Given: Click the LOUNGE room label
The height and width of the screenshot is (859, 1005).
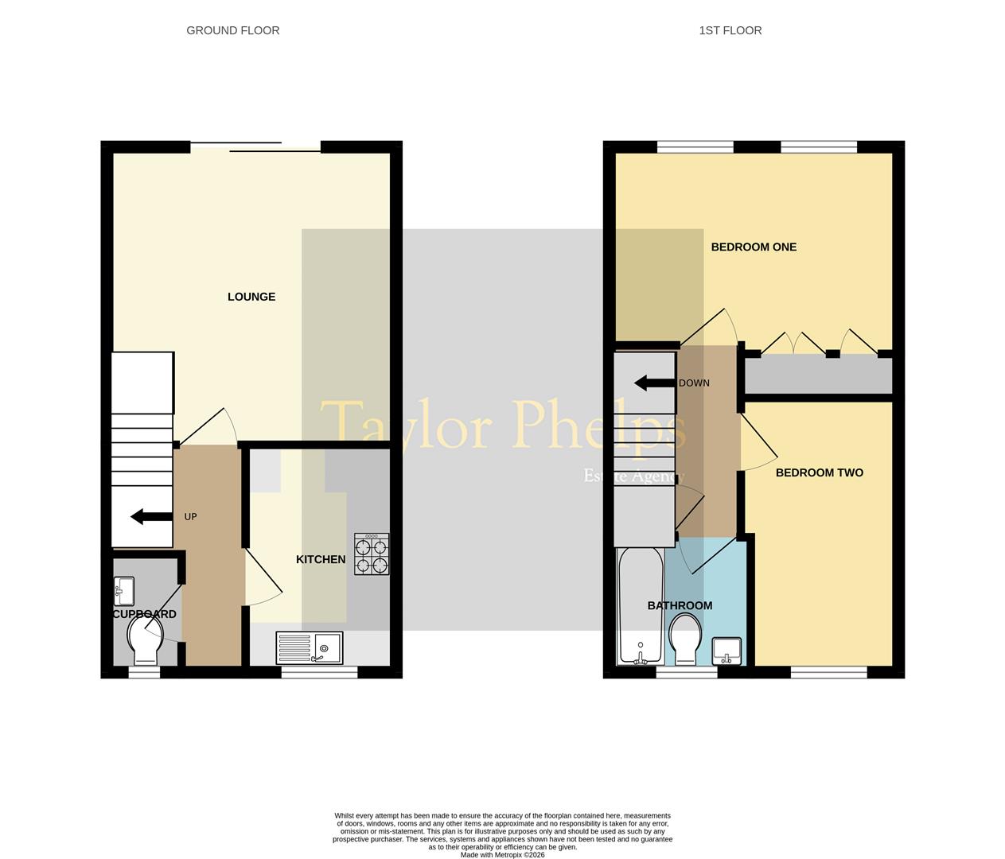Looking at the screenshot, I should [x=251, y=297].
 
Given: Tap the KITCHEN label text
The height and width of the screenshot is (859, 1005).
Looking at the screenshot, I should [x=321, y=559].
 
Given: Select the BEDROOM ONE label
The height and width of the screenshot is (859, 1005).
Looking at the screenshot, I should [x=754, y=247].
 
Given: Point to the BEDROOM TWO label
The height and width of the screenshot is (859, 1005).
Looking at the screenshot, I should [x=819, y=472].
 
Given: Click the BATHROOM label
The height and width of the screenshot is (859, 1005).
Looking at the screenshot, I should [x=680, y=605].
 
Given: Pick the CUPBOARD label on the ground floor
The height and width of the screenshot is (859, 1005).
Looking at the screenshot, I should [x=144, y=614].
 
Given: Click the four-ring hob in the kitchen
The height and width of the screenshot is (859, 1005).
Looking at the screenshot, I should [x=372, y=554].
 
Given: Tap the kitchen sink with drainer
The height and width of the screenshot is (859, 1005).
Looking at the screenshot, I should [x=310, y=647].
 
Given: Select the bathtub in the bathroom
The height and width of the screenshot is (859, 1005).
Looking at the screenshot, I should [x=641, y=604].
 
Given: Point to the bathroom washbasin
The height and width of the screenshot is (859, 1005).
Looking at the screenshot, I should [x=726, y=651].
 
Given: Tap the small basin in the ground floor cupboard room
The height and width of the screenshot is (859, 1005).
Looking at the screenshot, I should [x=123, y=591].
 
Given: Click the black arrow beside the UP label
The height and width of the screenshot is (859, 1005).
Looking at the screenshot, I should [x=151, y=517].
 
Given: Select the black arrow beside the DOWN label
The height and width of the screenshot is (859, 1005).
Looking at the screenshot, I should [x=653, y=383].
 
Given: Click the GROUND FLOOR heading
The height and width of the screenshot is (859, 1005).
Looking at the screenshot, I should [x=232, y=30].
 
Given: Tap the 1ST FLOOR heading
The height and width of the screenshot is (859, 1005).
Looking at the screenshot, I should [x=730, y=30].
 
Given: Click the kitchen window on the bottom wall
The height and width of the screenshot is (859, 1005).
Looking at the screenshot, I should [x=319, y=672].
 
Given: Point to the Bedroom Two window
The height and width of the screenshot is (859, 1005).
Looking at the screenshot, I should [x=828, y=672].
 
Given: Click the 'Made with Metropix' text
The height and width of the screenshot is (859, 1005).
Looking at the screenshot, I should [x=502, y=855].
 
